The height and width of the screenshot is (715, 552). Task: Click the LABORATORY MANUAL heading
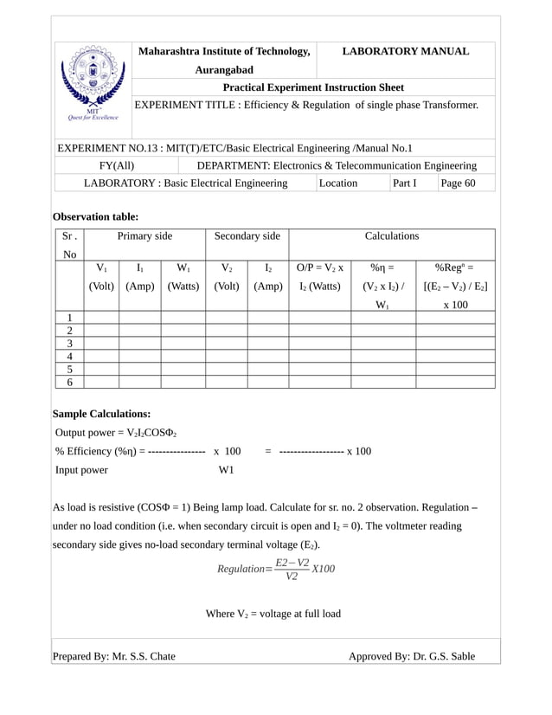coord(406,52)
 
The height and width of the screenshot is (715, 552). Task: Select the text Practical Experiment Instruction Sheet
coord(313,87)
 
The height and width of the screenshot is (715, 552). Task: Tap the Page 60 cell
coord(458,183)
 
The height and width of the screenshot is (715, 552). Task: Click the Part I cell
coord(404,183)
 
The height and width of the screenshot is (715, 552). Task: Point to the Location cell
coord(338,183)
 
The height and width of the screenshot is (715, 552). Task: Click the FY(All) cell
coord(117,164)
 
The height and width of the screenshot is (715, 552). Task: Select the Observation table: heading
coord(95,216)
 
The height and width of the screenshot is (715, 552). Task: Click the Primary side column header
coord(144,235)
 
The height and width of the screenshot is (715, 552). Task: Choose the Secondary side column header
coord(247,235)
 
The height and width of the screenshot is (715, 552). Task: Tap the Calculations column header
coord(391,235)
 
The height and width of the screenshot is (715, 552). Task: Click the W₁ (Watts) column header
coord(183,277)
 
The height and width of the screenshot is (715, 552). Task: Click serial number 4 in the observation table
coord(69,356)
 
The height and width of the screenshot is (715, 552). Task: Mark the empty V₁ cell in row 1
coord(101,318)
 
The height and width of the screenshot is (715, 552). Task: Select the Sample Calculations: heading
coord(101,414)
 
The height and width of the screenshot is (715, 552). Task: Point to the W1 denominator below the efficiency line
coord(227,470)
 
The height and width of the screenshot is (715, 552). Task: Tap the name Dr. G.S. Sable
coord(441,656)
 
